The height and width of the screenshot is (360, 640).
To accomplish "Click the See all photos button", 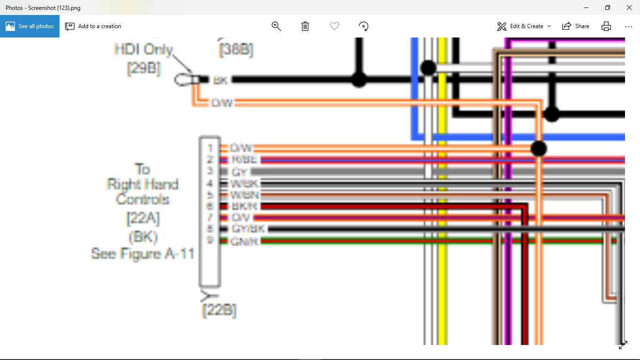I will pyautogui.click(x=30, y=26).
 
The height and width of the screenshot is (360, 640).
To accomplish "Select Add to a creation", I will pyautogui.click(x=93, y=26).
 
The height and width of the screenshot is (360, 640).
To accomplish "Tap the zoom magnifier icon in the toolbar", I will pyautogui.click(x=276, y=26).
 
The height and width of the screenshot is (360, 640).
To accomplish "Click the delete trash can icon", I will pyautogui.click(x=305, y=26).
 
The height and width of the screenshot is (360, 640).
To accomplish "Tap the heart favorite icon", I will pyautogui.click(x=335, y=26).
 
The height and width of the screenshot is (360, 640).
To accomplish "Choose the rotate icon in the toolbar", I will pyautogui.click(x=364, y=26).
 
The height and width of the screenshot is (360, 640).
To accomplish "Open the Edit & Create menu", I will pyautogui.click(x=524, y=26).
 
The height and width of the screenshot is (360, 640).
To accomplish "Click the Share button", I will pyautogui.click(x=576, y=26).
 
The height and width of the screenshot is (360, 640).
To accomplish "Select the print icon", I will pyautogui.click(x=606, y=26).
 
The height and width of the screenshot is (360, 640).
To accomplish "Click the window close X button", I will pyautogui.click(x=629, y=7).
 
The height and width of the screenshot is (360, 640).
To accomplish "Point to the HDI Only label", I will pyautogui.click(x=144, y=49).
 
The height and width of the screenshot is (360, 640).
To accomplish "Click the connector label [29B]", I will pyautogui.click(x=144, y=68).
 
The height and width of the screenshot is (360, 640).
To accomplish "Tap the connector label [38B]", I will pyautogui.click(x=236, y=50).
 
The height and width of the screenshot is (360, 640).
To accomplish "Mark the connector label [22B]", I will pyautogui.click(x=219, y=310).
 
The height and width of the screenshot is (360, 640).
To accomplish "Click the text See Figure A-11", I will pyautogui.click(x=142, y=254).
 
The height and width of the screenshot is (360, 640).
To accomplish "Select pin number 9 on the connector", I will pyautogui.click(x=210, y=240).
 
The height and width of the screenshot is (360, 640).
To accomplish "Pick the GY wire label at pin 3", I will pyautogui.click(x=239, y=172).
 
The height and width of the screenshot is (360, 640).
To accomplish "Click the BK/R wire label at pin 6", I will pyautogui.click(x=244, y=206).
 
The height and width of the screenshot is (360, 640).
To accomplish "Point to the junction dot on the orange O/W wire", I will pyautogui.click(x=539, y=149).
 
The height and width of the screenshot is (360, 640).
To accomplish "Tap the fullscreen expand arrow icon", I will pyautogui.click(x=623, y=345).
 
